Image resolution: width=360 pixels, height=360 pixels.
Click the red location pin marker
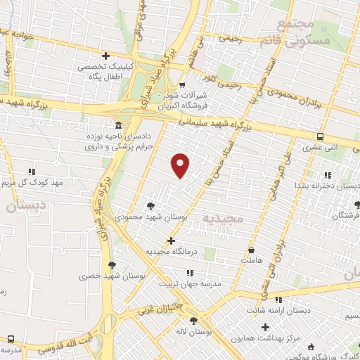click(181, 165)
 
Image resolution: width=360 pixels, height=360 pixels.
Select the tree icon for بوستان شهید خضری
click(112, 265)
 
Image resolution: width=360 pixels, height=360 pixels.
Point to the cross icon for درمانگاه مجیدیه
click(171, 240)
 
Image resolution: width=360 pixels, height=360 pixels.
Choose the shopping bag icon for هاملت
click(252, 249)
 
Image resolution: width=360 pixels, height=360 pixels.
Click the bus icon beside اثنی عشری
click(320, 136)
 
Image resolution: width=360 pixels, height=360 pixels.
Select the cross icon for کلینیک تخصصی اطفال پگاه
click(105, 56)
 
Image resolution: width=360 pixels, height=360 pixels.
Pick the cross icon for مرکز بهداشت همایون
click(265, 327)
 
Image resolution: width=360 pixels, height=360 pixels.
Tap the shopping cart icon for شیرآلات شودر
click(182, 86)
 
